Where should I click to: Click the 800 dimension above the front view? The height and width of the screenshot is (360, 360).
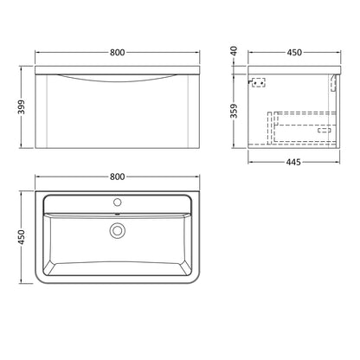pyautogui.click(x=118, y=53)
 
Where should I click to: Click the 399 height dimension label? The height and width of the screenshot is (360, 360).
pyautogui.click(x=22, y=107)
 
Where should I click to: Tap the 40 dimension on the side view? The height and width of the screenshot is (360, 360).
pyautogui.click(x=234, y=51)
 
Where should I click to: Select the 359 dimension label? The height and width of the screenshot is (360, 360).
pyautogui.click(x=234, y=111)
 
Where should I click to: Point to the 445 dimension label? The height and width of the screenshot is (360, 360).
pyautogui.click(x=293, y=163)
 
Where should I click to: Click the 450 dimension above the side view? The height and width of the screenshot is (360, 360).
pyautogui.click(x=294, y=53)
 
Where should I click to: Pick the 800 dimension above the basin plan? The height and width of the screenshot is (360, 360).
pyautogui.click(x=118, y=177)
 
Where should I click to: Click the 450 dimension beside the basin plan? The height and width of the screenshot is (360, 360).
pyautogui.click(x=22, y=237)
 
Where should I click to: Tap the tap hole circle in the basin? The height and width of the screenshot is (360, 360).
pyautogui.click(x=118, y=202)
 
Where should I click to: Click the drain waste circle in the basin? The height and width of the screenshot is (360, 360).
pyautogui.click(x=118, y=231)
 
